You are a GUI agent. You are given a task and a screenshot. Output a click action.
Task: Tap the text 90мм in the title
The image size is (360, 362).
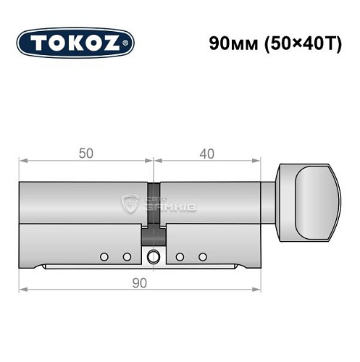click(227, 42)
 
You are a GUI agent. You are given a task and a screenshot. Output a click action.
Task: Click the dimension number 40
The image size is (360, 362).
click(208, 153)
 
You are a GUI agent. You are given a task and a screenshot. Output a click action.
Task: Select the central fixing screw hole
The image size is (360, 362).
click(154, 256)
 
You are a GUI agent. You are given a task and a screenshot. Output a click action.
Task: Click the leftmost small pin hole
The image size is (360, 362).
click(105, 256)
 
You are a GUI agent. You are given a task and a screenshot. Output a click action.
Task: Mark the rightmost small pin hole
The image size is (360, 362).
click(203, 256)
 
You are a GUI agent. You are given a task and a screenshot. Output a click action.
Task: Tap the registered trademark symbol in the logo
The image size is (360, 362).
click(129, 43)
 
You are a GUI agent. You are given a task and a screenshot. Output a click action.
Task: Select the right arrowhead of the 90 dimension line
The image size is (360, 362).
click(259, 289)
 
